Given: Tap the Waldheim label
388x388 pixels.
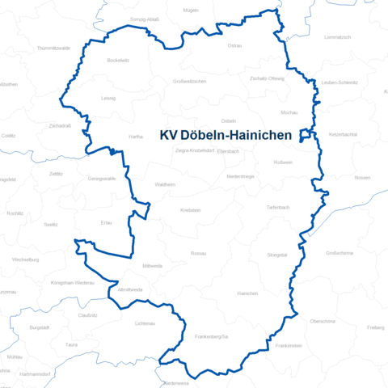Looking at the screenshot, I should click(x=165, y=184).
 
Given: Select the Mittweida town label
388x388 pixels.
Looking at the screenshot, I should click(x=152, y=265).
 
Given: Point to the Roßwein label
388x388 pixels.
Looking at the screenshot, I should click(x=284, y=162).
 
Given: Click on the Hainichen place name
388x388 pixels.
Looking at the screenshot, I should click(x=247, y=294).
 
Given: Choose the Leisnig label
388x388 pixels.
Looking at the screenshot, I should click(x=108, y=98).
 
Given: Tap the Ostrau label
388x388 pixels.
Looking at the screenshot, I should click(x=235, y=46).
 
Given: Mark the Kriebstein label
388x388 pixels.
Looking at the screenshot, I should click(x=191, y=209).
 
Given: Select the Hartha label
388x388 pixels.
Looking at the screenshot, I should click(x=135, y=137).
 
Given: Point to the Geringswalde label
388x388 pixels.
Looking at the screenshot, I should click(x=101, y=178).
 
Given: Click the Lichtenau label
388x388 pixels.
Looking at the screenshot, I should click(x=145, y=323).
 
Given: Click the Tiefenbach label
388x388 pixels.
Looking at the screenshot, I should click(x=277, y=208).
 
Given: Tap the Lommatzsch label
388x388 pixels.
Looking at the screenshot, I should click(x=338, y=38).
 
